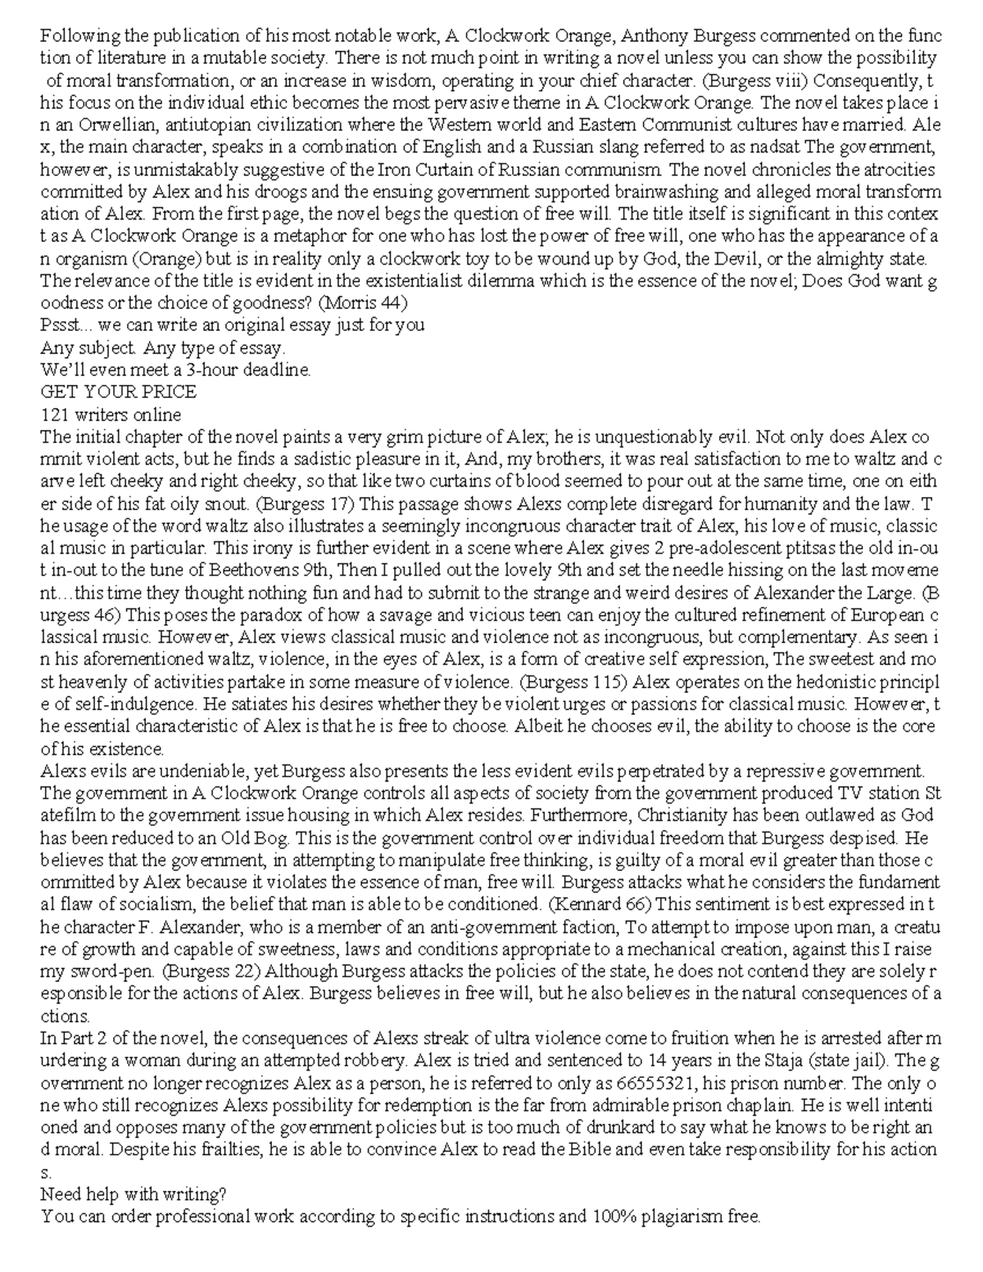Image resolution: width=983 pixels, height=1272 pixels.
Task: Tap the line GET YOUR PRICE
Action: [x=118, y=392]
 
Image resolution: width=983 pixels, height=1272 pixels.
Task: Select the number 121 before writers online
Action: [x=55, y=414]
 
